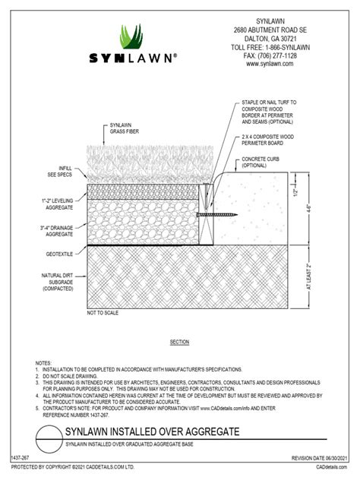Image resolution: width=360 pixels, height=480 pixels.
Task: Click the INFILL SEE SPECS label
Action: tap(58, 171)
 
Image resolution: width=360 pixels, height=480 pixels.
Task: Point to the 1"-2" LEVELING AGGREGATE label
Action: tap(57, 203)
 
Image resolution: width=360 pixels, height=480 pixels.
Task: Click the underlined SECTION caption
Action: tap(179, 343)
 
